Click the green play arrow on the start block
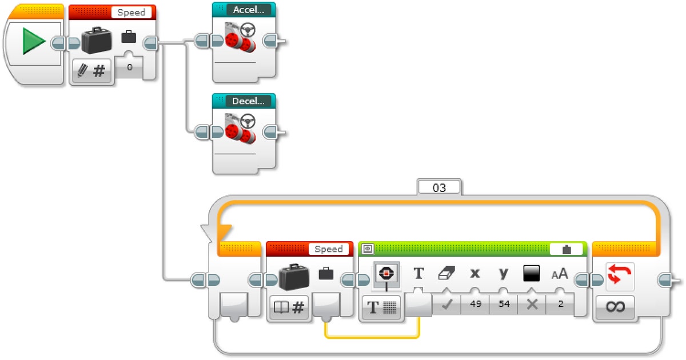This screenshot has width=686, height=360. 34,43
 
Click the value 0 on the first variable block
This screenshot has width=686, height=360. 129,67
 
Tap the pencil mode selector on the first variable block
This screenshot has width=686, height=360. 91,71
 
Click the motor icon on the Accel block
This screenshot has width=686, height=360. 238,38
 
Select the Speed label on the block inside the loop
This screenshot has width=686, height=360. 328,249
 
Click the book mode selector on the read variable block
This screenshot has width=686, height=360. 289,308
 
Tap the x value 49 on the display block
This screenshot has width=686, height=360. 474,305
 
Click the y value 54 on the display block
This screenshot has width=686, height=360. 504,305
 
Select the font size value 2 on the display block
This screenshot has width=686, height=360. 560,305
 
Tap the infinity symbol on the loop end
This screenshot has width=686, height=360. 615,307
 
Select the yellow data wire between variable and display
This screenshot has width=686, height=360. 372,337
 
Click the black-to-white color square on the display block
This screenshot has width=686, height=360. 532,274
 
